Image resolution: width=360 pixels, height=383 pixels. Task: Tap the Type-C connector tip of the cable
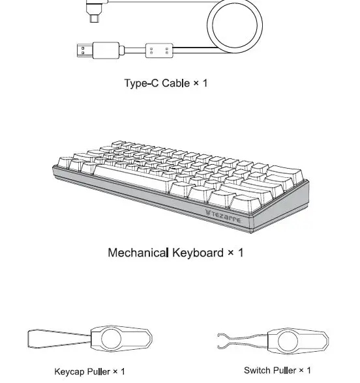point(96,20)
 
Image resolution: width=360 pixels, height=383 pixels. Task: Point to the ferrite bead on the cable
point(159,50)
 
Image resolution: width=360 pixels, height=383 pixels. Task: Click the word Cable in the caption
point(175,83)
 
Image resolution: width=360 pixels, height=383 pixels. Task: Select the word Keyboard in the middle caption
point(198,252)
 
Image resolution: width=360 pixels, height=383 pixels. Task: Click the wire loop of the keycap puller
point(55,339)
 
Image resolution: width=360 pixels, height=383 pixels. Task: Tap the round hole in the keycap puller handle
point(112,339)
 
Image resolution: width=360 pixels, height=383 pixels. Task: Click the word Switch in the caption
point(256,371)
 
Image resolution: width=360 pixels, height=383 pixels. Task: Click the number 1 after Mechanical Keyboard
point(240,252)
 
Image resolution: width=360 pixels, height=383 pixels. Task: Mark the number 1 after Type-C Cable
point(205,83)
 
